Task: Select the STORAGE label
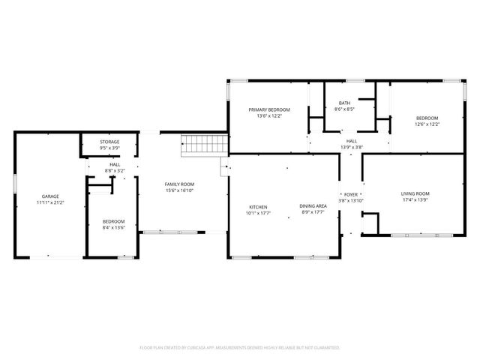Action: click(109, 141)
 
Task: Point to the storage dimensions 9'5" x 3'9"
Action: click(109, 148)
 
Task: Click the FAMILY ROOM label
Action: click(179, 184)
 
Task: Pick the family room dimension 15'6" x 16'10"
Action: click(179, 190)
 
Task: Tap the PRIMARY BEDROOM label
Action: click(268, 109)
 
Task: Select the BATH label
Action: click(344, 103)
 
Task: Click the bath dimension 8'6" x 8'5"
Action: click(344, 109)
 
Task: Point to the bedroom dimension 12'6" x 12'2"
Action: click(427, 124)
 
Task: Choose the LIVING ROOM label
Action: click(415, 193)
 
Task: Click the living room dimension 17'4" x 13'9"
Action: click(415, 200)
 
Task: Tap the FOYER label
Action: click(351, 193)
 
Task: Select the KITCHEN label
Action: click(258, 207)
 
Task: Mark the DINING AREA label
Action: click(313, 207)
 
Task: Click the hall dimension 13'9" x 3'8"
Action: click(351, 147)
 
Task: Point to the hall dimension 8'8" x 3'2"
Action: click(115, 170)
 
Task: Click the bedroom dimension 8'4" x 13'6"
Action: click(114, 228)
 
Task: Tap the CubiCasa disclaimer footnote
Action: click(240, 347)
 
